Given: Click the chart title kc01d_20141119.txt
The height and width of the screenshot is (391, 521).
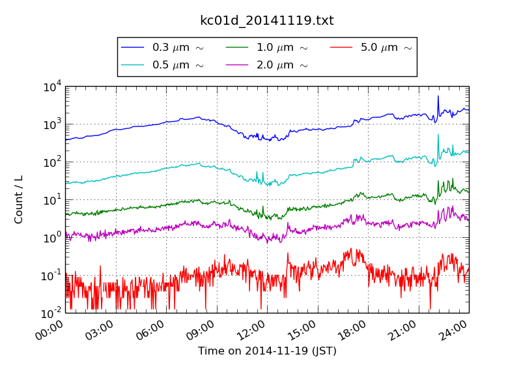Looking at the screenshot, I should pos(266,21).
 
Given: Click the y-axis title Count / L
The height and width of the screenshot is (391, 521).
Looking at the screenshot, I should pos(19,199).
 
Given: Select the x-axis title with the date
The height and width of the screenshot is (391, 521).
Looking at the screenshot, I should pos(267,351).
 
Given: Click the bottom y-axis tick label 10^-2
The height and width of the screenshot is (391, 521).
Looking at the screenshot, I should pos(51,313).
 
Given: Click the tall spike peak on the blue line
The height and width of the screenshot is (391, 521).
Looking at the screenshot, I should pos(438,96).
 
